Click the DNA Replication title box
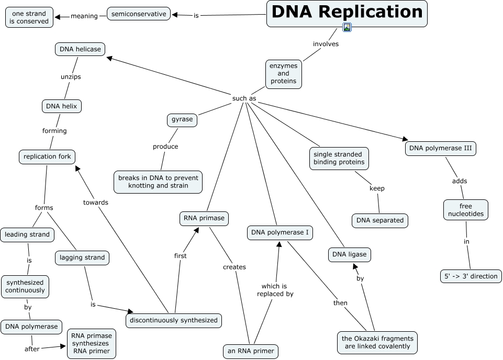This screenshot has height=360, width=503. tap(346, 13)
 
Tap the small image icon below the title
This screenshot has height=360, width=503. tap(346, 27)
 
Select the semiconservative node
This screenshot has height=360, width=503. tap(139, 14)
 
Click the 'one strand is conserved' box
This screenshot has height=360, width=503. tap(30, 17)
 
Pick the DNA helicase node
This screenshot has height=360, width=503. tap(80, 49)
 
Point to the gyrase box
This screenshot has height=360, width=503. tap(182, 119)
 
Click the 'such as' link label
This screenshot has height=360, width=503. tap(244, 98)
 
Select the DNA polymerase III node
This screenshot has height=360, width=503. tap(440, 149)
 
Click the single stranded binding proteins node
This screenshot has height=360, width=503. tap(339, 158)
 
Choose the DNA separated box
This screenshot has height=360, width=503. tap(380, 220)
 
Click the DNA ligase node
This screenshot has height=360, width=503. tap(350, 255)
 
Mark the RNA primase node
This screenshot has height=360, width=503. tap(204, 219)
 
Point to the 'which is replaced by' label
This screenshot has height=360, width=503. tap(275, 290)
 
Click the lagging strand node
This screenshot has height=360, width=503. tap(82, 257)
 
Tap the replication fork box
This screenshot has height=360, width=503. tap(47, 156)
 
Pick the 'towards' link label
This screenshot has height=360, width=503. tap(96, 202)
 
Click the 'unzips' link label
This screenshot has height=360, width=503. tap(70, 76)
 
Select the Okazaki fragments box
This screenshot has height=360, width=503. tap(377, 342)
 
